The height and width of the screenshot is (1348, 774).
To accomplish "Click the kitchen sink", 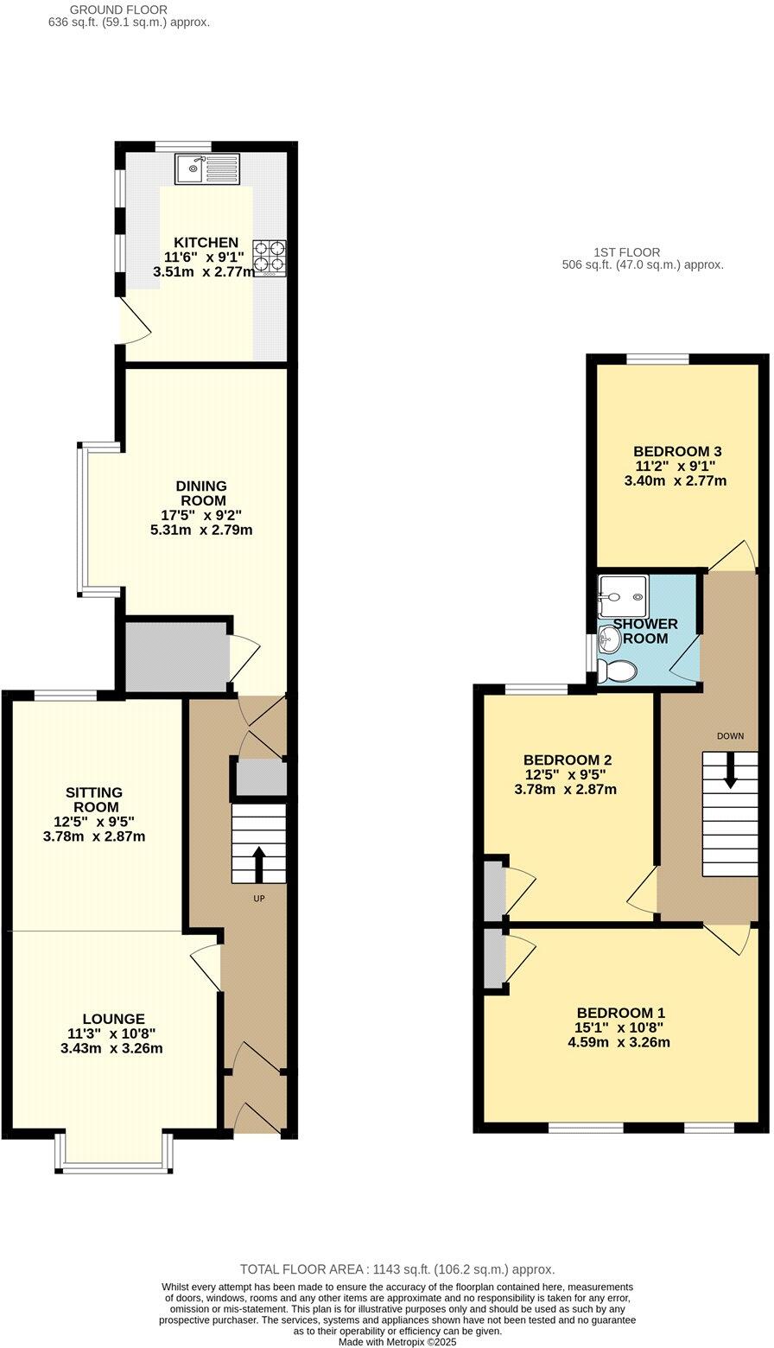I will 206,168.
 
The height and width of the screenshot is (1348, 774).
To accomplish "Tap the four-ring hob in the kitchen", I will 269,258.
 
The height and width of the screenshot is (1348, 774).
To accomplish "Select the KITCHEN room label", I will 206,242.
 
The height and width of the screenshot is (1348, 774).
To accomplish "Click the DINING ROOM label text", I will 202,493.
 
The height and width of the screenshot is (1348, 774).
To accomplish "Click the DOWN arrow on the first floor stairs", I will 731,769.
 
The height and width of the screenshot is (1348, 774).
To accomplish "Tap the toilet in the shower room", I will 619,671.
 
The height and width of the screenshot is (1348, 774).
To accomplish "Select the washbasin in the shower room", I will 609,640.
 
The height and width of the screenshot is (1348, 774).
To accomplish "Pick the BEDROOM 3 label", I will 676,451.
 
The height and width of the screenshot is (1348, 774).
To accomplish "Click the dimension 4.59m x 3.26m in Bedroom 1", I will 619,1042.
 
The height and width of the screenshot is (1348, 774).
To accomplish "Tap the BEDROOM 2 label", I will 568,760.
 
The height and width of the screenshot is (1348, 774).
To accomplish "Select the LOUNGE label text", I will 113,1020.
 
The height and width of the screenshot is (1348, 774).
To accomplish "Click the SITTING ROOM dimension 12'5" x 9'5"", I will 94,822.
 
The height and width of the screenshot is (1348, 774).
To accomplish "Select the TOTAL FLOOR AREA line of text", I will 397,1269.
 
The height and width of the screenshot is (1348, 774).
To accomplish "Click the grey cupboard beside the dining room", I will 176,654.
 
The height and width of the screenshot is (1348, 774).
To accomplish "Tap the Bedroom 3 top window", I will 657,359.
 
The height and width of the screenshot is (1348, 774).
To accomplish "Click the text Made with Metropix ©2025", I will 397,1342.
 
